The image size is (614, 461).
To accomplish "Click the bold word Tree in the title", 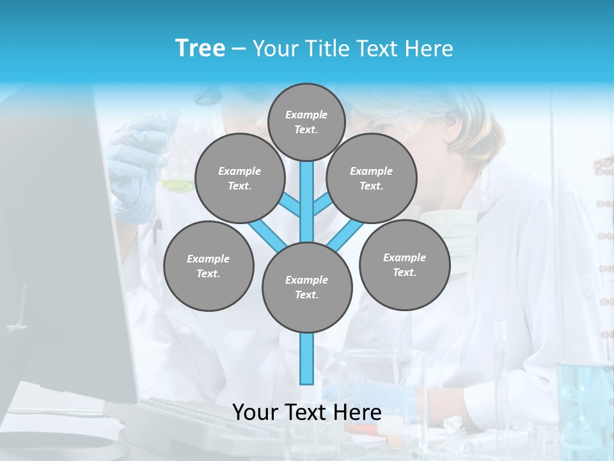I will (x=200, y=49).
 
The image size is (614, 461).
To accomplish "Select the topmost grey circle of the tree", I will (x=306, y=122).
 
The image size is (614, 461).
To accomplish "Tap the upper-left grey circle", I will (x=239, y=178).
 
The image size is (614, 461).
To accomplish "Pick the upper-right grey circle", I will (x=372, y=178).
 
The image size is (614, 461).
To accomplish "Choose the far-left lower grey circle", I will (x=209, y=266).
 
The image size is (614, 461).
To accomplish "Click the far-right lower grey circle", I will (x=404, y=264).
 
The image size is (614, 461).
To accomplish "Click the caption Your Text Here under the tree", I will (x=307, y=412).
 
